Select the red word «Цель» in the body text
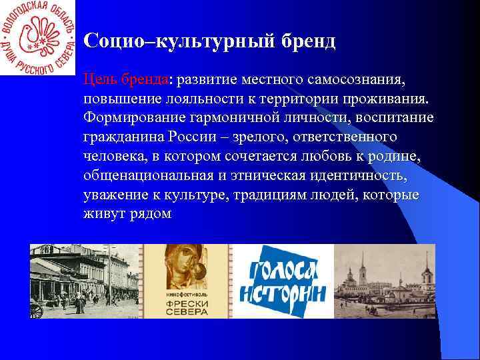click(100, 80)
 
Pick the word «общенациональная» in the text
click(147, 176)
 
